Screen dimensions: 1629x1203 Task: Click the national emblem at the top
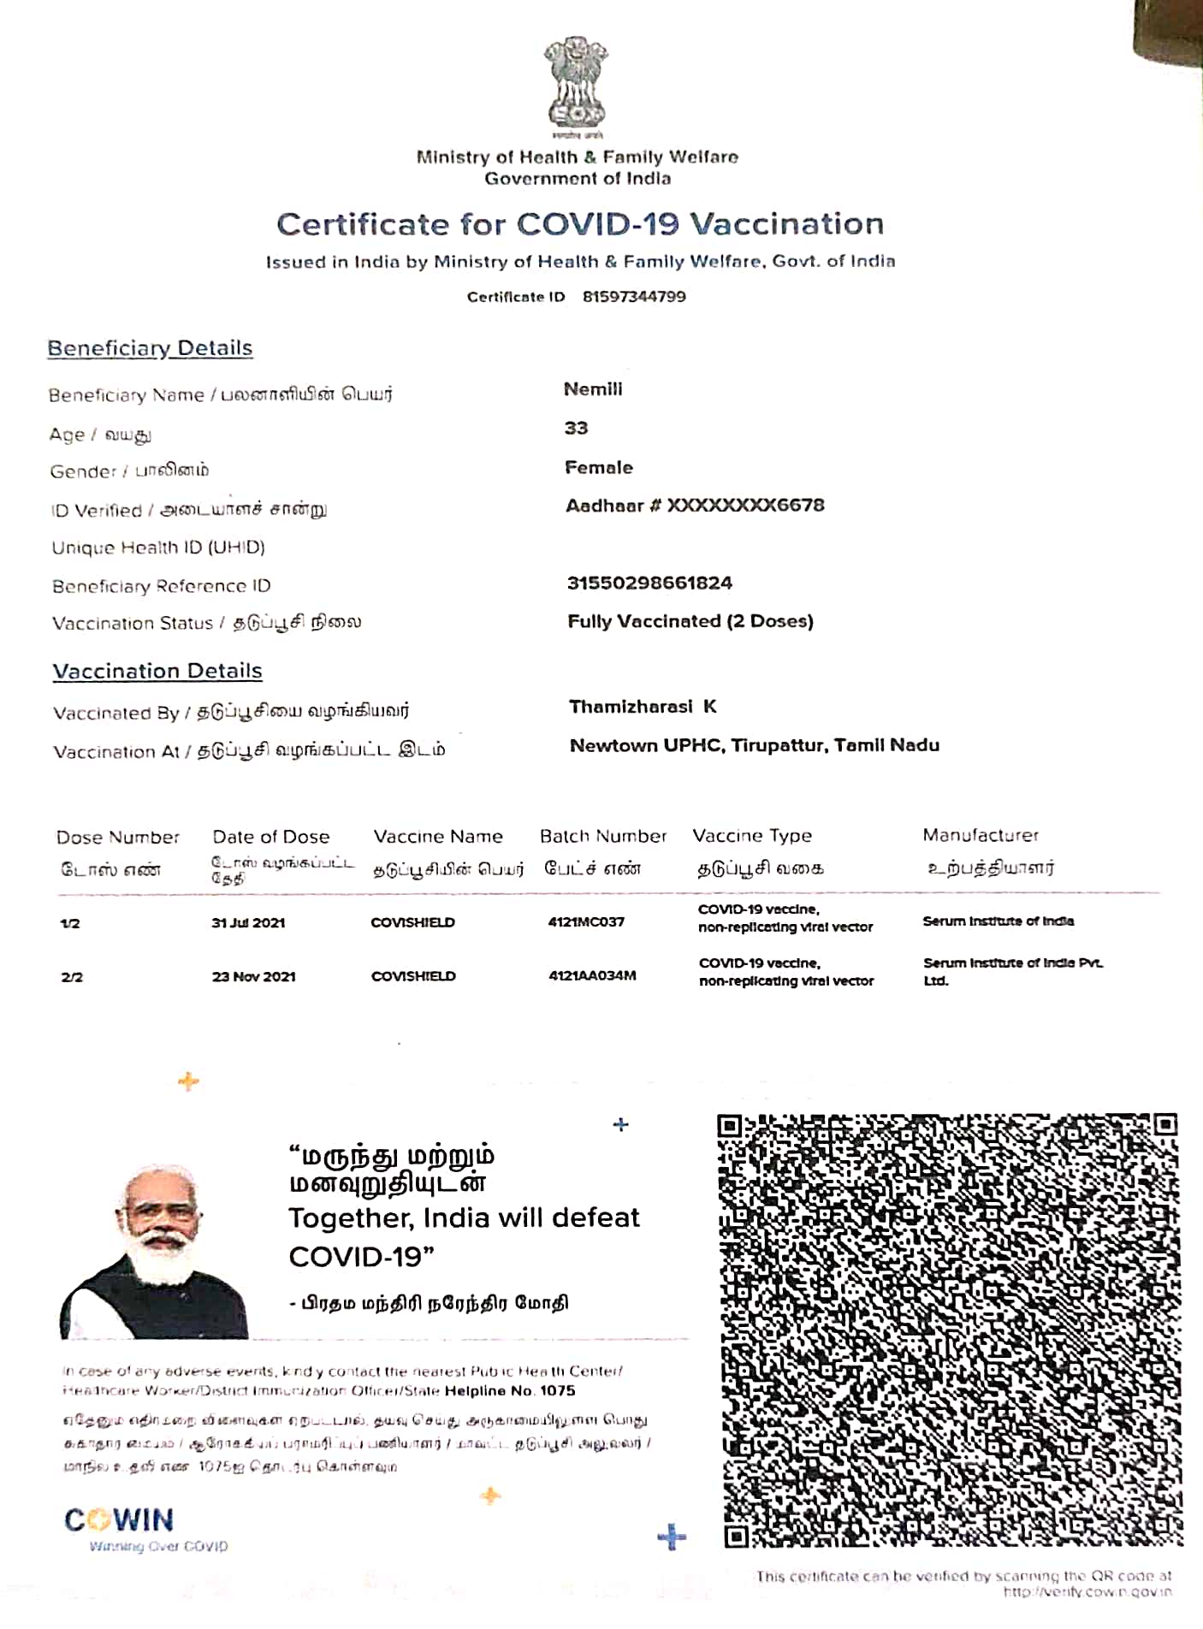(576, 84)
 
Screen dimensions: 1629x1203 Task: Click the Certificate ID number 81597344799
(634, 297)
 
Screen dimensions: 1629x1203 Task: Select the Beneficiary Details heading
(150, 348)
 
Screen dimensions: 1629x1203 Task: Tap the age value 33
(576, 428)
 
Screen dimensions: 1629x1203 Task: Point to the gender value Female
(599, 467)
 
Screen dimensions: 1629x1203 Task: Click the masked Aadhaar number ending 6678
(695, 506)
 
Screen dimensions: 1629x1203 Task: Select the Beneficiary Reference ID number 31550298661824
(649, 583)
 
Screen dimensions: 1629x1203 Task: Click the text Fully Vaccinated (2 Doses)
(690, 621)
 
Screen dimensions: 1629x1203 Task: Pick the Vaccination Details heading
(157, 671)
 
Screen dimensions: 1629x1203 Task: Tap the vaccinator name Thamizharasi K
(643, 707)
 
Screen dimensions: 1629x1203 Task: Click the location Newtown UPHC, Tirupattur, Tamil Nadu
(755, 745)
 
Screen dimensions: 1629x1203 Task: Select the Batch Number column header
(603, 836)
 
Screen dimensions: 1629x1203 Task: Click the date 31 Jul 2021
(248, 922)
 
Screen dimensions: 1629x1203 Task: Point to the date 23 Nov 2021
(253, 976)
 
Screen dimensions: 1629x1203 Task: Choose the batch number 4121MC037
(586, 921)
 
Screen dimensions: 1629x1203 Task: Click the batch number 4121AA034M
(592, 975)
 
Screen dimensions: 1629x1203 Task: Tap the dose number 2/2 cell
(72, 977)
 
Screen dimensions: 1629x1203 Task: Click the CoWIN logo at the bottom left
(120, 1520)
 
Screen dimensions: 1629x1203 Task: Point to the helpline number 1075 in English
(557, 1391)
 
